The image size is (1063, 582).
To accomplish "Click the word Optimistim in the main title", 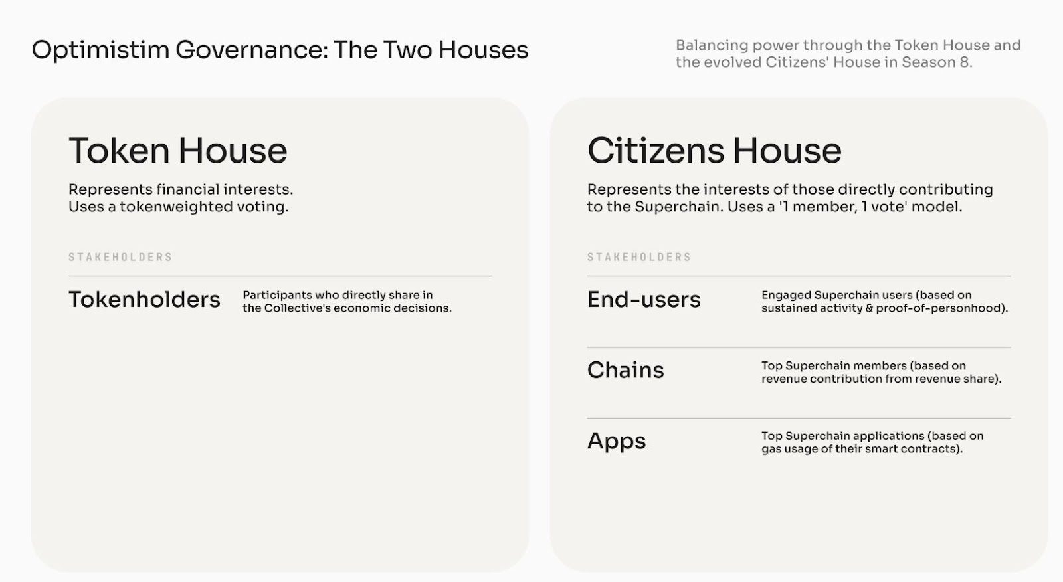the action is pos(100,50).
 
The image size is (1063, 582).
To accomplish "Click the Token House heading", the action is pos(178,151).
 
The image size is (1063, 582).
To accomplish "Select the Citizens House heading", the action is pos(714,151).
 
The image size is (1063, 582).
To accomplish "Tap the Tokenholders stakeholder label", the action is pos(144,300).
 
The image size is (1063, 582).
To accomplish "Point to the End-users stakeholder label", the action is pos(644,300).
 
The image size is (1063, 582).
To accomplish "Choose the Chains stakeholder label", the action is pos(625,370).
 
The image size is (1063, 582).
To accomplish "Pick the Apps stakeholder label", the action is pos(617,442).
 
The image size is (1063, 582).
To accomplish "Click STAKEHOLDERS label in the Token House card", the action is pos(120,257).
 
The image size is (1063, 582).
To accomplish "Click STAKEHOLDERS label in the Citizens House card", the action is pos(639,257).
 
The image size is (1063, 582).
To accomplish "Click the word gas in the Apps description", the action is pos(771,450).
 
